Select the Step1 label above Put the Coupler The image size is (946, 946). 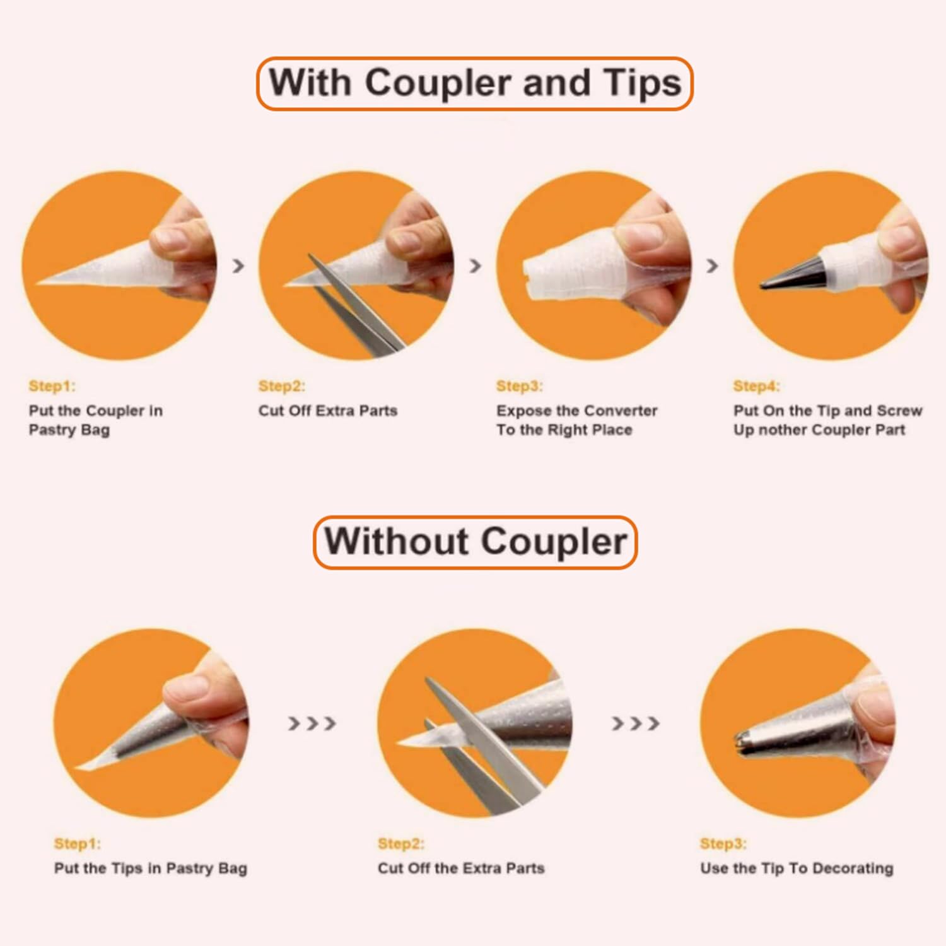[52, 386]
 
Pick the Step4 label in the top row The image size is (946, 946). [756, 386]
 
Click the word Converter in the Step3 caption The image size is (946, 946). [621, 411]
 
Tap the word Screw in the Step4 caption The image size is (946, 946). [899, 411]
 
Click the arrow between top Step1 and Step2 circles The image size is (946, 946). [238, 266]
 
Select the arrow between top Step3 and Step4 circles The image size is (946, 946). [712, 266]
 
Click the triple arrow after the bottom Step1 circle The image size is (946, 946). [312, 723]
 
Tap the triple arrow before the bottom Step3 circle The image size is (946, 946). [636, 723]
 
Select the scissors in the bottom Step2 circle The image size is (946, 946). [479, 744]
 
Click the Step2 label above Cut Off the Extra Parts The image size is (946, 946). [401, 844]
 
